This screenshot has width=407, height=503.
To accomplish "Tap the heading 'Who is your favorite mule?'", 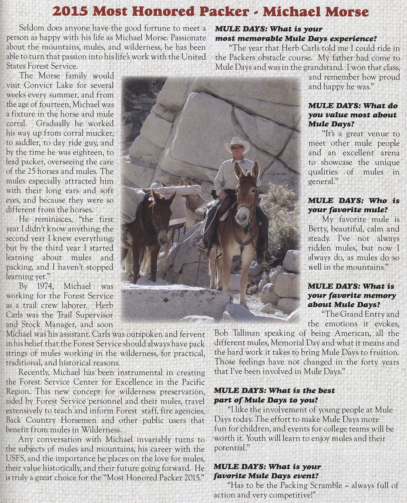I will [353, 205].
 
